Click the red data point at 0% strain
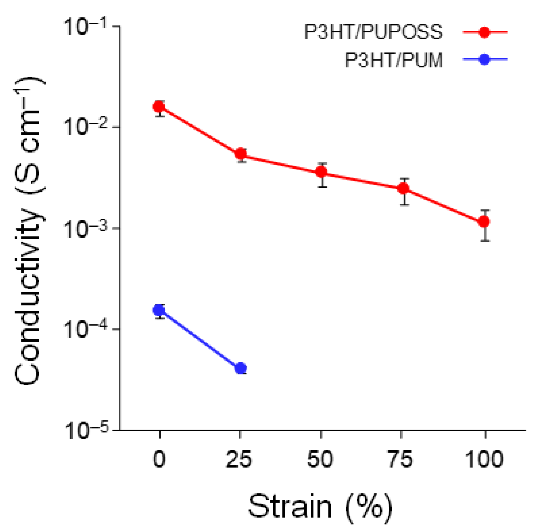159,106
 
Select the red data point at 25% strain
241,153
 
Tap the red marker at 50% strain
321,172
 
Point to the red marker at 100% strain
484,221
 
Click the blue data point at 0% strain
159,310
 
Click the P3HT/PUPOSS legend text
373,32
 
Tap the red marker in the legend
484,32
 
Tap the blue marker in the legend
484,59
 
